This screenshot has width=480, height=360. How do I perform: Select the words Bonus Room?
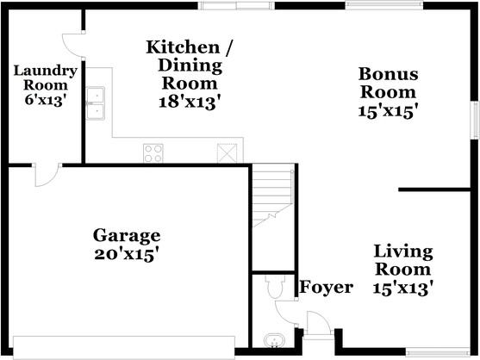388,83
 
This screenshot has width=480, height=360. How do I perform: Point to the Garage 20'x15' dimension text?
127,254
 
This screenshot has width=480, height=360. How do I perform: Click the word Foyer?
326,287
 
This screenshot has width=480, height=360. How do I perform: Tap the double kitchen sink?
96,102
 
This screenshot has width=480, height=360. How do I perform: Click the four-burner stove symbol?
153,153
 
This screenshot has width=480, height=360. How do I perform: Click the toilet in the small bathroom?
274,286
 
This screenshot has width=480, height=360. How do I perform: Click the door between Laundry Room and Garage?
43,175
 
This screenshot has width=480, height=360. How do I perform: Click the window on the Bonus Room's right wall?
473,120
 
